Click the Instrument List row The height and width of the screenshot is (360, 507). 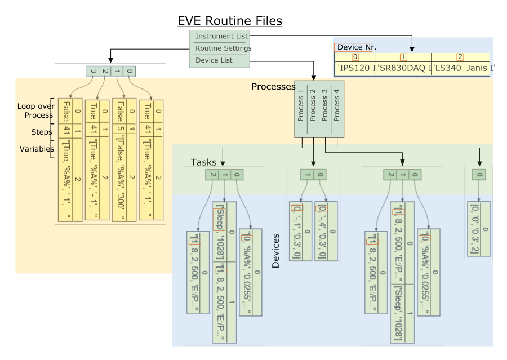(219, 37)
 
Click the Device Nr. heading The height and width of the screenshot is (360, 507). (357, 47)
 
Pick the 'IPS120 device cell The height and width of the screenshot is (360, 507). (355, 69)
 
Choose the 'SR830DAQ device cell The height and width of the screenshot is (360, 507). (403, 69)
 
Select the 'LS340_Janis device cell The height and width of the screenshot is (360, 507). (460, 69)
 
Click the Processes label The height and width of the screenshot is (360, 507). (273, 87)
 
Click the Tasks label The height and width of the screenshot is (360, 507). (203, 162)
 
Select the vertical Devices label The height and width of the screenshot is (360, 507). (275, 251)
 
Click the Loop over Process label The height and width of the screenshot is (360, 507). (35, 110)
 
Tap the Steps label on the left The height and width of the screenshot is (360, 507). (42, 132)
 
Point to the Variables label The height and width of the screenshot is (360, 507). (37, 149)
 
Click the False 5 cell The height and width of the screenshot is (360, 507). (120, 119)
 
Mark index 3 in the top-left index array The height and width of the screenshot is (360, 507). (93, 71)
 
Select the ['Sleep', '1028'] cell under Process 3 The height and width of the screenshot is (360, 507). (397, 313)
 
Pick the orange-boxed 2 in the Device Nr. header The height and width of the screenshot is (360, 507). (460, 57)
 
